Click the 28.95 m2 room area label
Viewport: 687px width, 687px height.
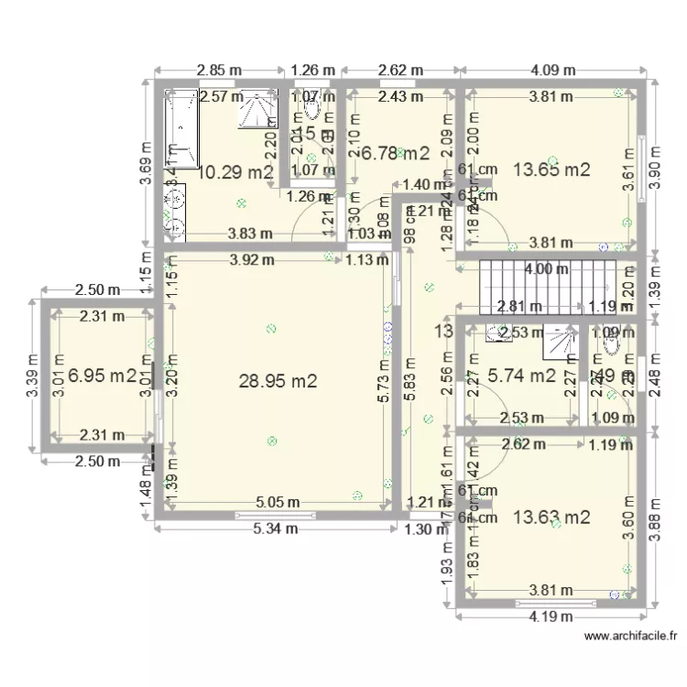(x=278, y=381)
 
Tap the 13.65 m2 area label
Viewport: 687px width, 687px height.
(x=551, y=169)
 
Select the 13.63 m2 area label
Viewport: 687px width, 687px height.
(x=551, y=518)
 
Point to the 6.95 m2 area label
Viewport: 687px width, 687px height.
(x=103, y=375)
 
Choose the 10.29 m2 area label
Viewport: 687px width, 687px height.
(x=235, y=171)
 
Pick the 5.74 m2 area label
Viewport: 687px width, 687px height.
(x=521, y=375)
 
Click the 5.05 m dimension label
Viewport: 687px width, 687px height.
(x=278, y=502)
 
